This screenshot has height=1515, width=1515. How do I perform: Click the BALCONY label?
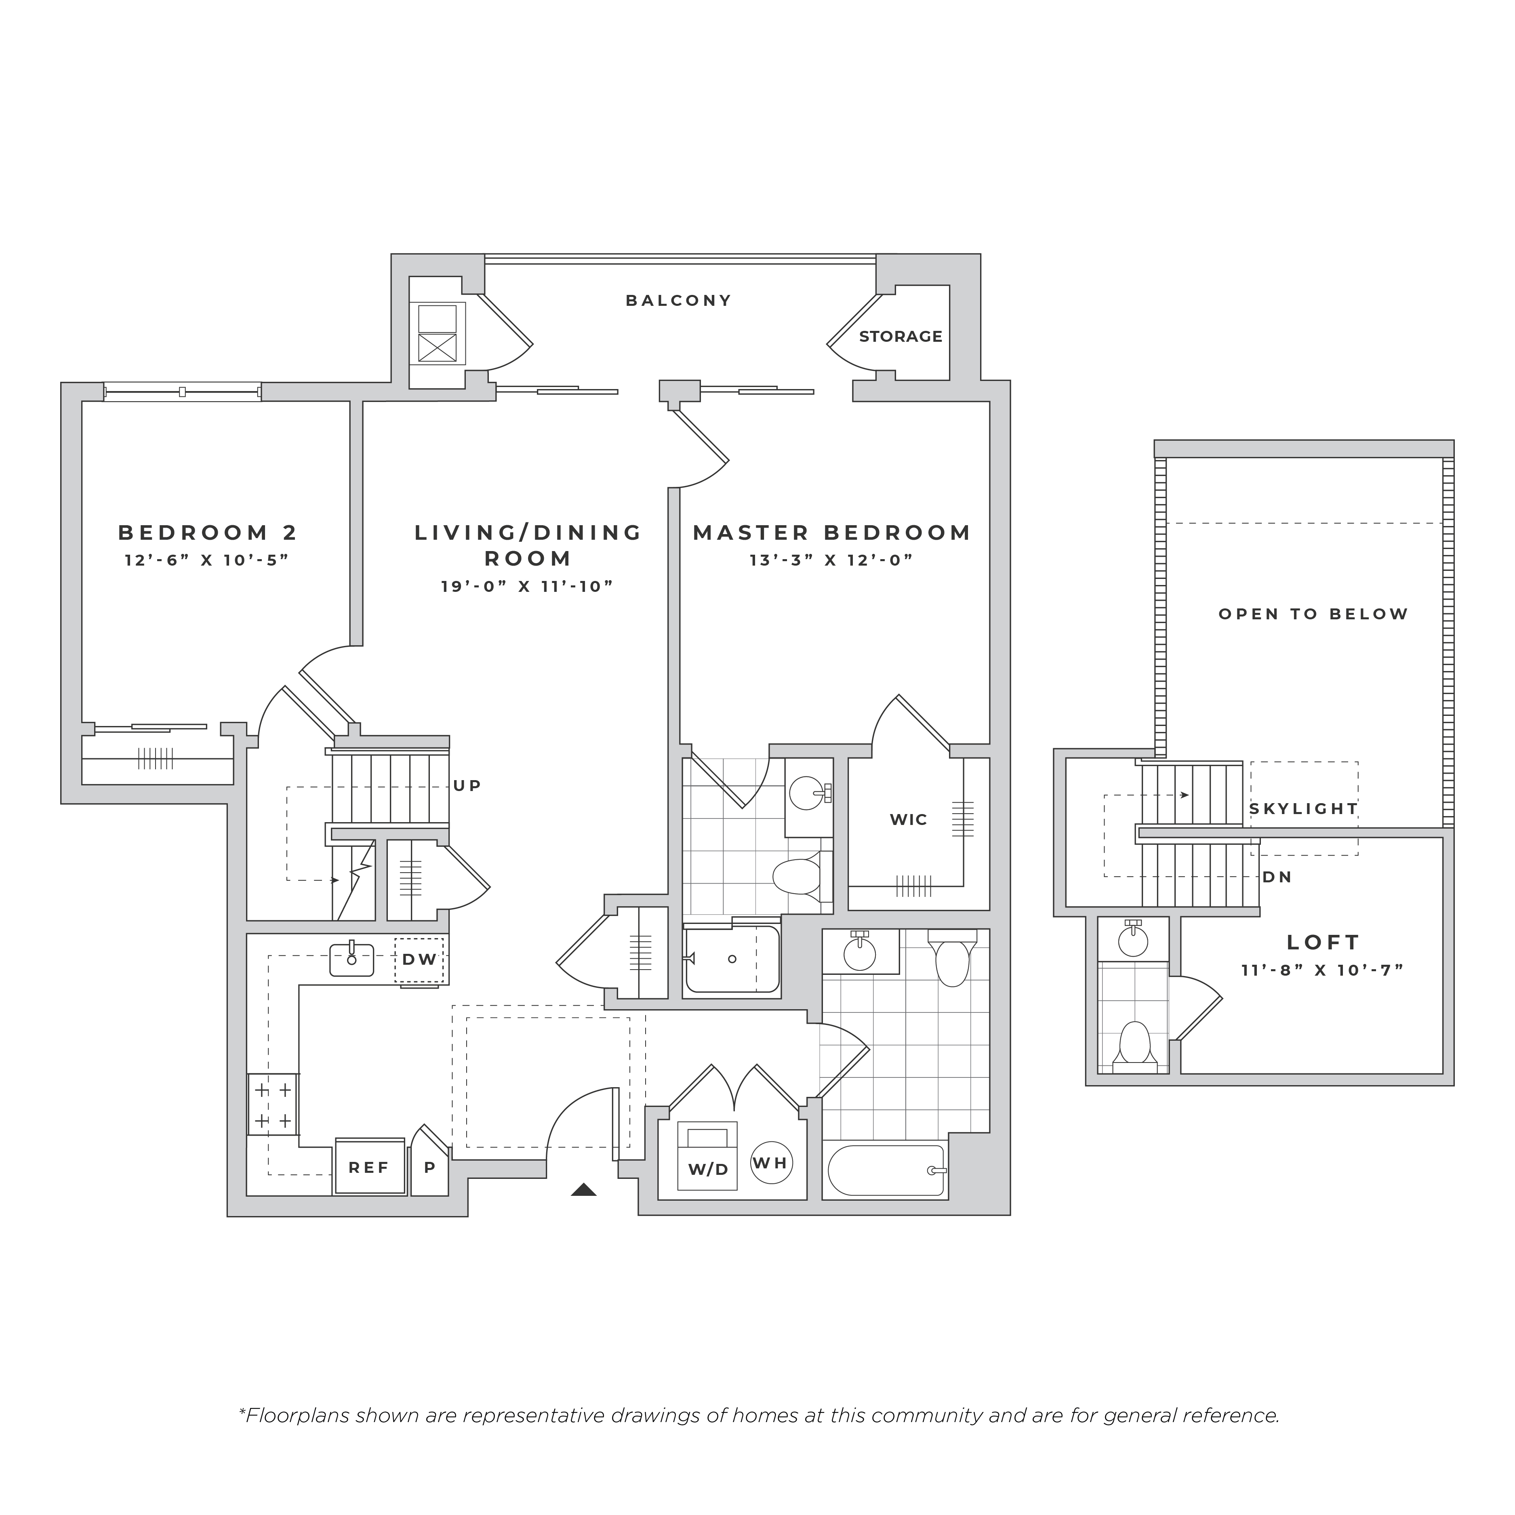click(x=678, y=300)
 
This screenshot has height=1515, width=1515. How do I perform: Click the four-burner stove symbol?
click(x=273, y=1104)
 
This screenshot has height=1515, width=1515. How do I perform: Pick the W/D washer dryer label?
click(x=708, y=1169)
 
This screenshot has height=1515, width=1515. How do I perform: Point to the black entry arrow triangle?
click(x=583, y=1189)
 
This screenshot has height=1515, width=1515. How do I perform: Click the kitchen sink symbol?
click(x=351, y=959)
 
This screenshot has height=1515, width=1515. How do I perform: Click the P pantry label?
click(x=430, y=1168)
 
